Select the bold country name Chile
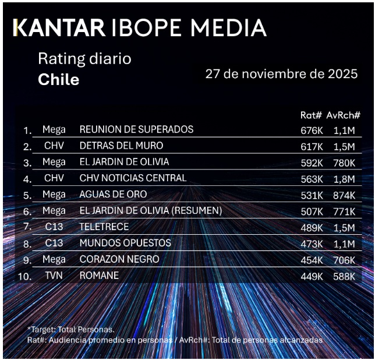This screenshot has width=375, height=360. (x=58, y=80)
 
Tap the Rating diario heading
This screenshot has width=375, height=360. (x=84, y=59)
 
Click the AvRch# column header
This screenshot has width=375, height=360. (x=343, y=115)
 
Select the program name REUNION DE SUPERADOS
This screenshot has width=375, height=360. (x=136, y=129)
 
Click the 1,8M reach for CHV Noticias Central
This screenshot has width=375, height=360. (x=344, y=178)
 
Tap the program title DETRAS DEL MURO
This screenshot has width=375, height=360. (x=121, y=146)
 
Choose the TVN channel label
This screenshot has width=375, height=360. (x=54, y=276)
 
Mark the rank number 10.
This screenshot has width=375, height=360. (x=25, y=277)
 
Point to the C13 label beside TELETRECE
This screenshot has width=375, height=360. (x=54, y=227)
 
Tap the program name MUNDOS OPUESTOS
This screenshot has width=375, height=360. (x=125, y=243)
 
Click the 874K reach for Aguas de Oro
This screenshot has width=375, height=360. (x=344, y=195)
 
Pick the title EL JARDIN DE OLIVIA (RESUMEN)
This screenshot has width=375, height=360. (x=150, y=210)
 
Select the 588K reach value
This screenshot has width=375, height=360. (x=344, y=276)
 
